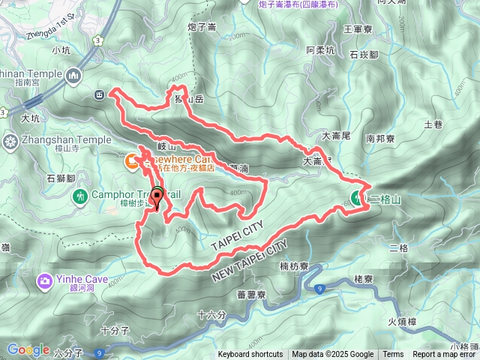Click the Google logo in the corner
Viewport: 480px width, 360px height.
(x=28, y=349)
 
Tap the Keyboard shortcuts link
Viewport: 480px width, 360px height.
(x=250, y=355)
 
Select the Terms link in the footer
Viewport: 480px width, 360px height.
(x=393, y=355)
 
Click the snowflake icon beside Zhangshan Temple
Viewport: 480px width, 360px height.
(x=10, y=140)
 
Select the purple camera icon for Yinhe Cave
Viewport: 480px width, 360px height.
(x=44, y=281)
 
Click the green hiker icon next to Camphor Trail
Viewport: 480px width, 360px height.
(x=81, y=196)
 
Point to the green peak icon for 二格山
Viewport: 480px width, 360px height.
(x=355, y=199)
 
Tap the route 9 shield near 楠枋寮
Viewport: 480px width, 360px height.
(x=320, y=288)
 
